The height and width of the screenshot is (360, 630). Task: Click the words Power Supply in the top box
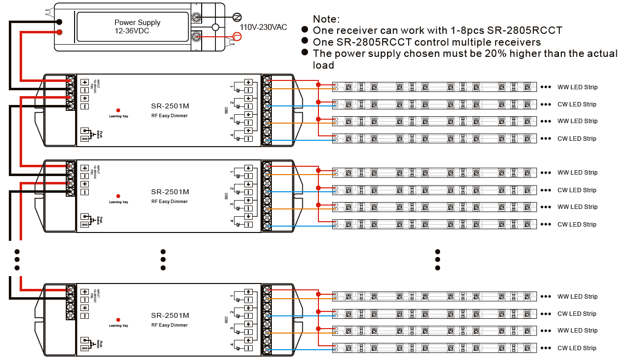(x=137, y=23)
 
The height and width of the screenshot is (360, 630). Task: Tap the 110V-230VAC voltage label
(x=263, y=27)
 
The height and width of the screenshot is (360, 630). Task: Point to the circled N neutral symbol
(x=236, y=17)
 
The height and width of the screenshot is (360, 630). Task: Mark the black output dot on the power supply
(x=59, y=22)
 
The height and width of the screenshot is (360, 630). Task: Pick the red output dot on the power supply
(x=59, y=32)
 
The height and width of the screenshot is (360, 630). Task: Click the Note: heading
(x=326, y=19)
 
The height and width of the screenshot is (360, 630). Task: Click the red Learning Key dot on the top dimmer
(x=118, y=110)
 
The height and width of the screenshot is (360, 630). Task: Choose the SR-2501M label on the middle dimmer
(x=170, y=192)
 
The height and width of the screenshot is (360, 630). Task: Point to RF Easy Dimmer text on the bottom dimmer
(x=169, y=325)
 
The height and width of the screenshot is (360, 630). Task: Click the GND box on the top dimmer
(x=85, y=139)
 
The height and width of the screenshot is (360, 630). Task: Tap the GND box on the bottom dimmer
(x=85, y=348)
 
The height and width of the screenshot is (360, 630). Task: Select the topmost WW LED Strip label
(x=577, y=87)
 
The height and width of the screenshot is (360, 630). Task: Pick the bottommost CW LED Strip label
(x=577, y=348)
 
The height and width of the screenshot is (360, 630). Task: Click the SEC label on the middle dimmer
(x=226, y=196)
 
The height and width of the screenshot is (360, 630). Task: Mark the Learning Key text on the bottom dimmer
(x=118, y=326)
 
